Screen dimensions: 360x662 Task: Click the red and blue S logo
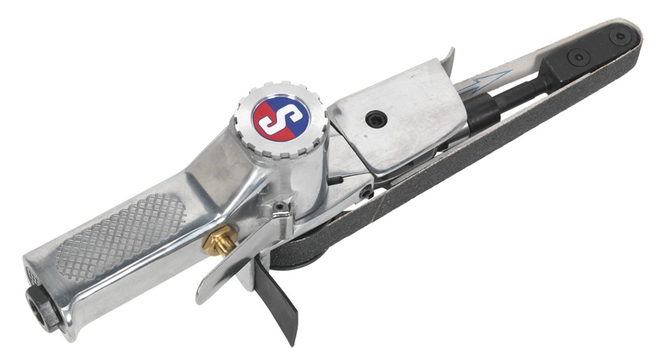(281, 117)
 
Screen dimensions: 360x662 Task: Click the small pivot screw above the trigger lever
(282, 209)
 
